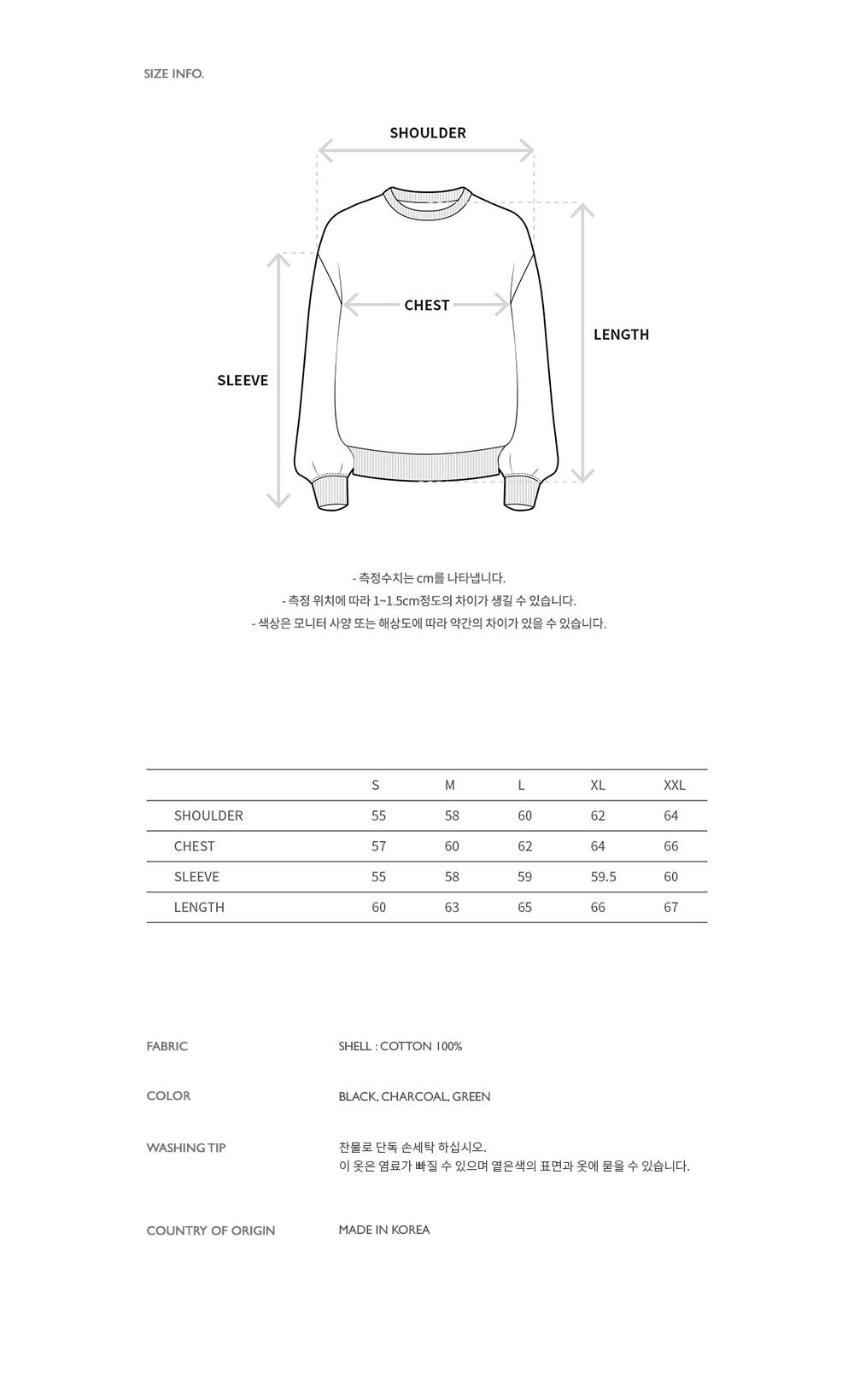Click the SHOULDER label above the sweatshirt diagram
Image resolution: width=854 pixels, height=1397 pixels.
(428, 133)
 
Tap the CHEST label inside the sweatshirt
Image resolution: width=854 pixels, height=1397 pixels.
(426, 306)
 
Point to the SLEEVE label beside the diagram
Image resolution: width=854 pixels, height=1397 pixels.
(243, 381)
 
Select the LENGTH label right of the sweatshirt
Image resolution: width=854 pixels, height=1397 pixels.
(621, 335)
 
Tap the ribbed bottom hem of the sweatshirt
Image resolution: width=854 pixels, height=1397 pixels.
(425, 463)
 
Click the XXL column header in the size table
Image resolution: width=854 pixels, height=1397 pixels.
(674, 786)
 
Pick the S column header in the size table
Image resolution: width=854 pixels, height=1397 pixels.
(376, 786)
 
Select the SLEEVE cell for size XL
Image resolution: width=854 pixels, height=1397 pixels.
(603, 877)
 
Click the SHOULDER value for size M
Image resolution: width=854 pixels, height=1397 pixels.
(452, 816)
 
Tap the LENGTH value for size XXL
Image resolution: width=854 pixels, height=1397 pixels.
(670, 908)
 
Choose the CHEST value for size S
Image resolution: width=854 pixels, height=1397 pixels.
(378, 846)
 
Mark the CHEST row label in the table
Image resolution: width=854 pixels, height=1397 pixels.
(194, 846)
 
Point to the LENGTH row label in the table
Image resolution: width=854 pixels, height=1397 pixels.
(199, 908)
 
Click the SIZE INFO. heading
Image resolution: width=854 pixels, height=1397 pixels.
(174, 74)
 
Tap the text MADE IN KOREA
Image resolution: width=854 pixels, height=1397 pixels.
(384, 1230)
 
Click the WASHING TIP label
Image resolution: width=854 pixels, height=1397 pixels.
(186, 1148)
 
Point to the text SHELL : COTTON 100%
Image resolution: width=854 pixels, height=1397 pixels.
(400, 1046)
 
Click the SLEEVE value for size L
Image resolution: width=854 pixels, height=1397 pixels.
(524, 877)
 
